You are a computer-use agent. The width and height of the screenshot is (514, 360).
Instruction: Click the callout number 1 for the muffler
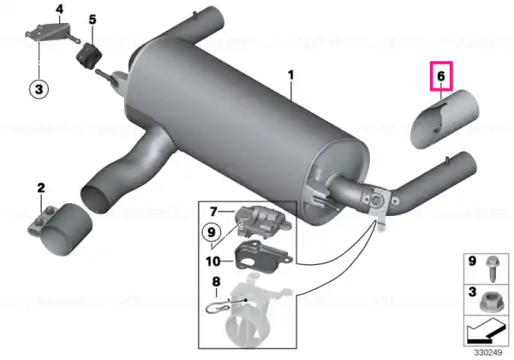coord(291,75)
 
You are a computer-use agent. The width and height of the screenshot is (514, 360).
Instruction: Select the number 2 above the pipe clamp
coord(41,189)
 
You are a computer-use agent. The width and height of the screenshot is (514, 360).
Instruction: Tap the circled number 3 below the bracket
coord(39,89)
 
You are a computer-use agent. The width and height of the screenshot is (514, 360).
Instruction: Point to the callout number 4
coord(59,9)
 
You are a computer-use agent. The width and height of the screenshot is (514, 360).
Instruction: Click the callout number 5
coord(93,20)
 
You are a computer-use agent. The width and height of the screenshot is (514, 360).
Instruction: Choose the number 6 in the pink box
coord(441,76)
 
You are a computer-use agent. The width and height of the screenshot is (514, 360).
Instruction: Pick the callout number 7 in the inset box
coord(213,212)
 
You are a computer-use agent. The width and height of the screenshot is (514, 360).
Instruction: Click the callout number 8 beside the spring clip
coord(216,282)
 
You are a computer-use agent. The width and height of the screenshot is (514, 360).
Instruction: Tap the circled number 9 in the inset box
coord(212,232)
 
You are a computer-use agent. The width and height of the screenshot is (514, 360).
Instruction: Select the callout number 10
coord(212,261)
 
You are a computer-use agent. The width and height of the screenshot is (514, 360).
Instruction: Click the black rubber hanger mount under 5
coord(89,57)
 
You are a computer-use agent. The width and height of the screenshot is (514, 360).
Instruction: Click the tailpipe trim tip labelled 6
coord(445,119)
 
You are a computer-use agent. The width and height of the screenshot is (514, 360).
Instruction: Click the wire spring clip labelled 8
coord(219,307)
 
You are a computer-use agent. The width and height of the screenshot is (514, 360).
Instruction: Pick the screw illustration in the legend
coord(493,269)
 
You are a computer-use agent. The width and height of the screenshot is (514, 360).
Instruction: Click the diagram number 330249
coord(488,352)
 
